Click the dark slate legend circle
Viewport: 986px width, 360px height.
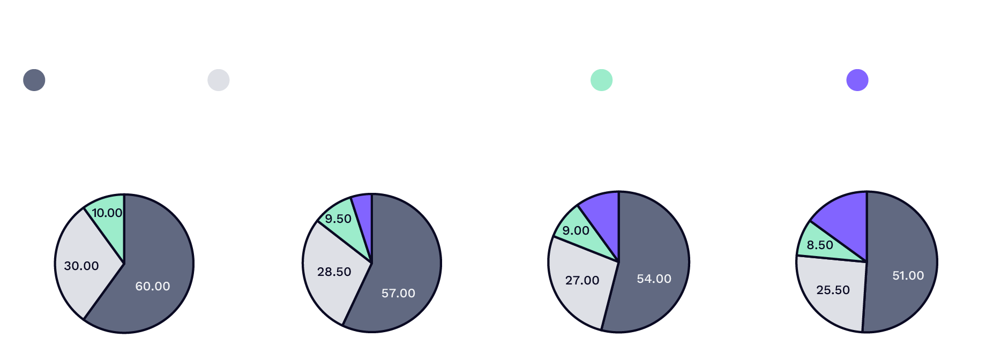tap(34, 80)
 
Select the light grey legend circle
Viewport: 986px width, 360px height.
tap(219, 80)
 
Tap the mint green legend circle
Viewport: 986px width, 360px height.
tap(601, 80)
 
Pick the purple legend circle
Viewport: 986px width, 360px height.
tap(857, 80)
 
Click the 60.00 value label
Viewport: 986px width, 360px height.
tap(153, 286)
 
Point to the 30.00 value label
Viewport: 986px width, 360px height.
tap(81, 266)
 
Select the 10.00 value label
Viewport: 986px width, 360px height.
tap(107, 213)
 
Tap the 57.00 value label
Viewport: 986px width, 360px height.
tap(398, 293)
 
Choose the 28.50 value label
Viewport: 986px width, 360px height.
tap(334, 272)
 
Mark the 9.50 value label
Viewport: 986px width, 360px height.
tap(338, 219)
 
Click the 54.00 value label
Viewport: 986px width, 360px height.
tap(654, 279)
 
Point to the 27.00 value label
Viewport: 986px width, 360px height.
tap(582, 280)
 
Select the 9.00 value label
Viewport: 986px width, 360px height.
tap(576, 230)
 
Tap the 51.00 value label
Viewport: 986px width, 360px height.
tap(908, 275)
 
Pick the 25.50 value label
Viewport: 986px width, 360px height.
tap(833, 290)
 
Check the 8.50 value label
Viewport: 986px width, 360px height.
tap(820, 245)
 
